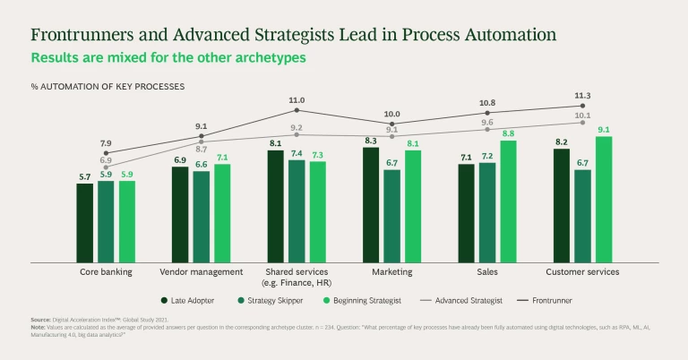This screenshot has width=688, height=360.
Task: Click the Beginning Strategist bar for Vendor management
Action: click(222, 212)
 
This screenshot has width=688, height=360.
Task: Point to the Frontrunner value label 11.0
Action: click(297, 100)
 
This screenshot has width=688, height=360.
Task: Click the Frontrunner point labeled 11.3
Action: click(583, 106)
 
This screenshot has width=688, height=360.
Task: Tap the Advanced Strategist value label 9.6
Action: click(487, 123)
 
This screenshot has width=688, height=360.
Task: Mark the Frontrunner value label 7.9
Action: click(105, 142)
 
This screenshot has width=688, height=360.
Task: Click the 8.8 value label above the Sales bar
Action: click(509, 133)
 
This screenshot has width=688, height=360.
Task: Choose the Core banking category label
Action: click(106, 271)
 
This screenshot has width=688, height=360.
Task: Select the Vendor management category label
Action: click(202, 271)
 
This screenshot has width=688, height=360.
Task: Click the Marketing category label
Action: click(391, 271)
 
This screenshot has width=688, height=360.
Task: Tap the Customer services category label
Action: click(582, 271)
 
